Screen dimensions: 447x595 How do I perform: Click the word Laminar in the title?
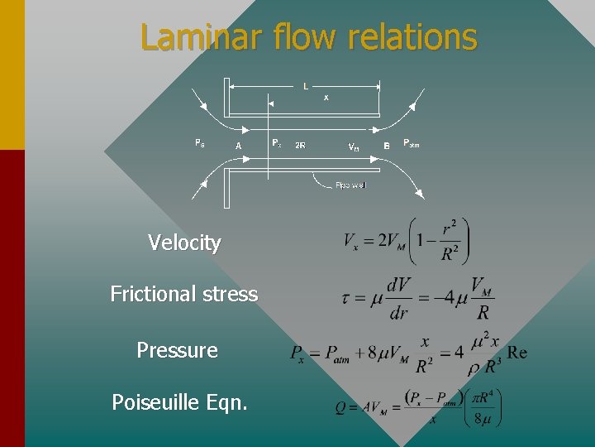click(x=192, y=37)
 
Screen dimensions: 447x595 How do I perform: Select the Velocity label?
click(x=184, y=243)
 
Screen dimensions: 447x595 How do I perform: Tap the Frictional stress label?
click(x=183, y=294)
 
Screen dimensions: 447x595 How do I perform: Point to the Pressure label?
click(x=177, y=350)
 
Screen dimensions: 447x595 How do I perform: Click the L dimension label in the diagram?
click(x=306, y=86)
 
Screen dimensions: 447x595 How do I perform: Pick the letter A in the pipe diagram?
click(x=238, y=146)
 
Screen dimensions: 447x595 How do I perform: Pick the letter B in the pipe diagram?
click(x=386, y=146)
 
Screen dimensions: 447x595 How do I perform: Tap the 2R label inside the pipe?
click(x=301, y=146)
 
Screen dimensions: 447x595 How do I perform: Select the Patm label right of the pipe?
click(x=412, y=143)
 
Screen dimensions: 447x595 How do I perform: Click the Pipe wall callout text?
click(x=350, y=185)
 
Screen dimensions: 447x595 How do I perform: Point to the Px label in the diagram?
click(x=276, y=143)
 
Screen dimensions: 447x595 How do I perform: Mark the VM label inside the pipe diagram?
click(x=353, y=147)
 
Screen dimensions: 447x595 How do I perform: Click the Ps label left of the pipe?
click(x=199, y=143)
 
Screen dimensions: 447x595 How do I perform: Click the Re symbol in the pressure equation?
click(x=516, y=353)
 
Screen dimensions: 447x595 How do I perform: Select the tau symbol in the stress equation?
click(x=347, y=297)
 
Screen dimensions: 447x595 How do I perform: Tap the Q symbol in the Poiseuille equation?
click(x=340, y=409)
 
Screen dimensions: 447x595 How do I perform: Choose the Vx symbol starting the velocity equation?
click(x=352, y=241)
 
